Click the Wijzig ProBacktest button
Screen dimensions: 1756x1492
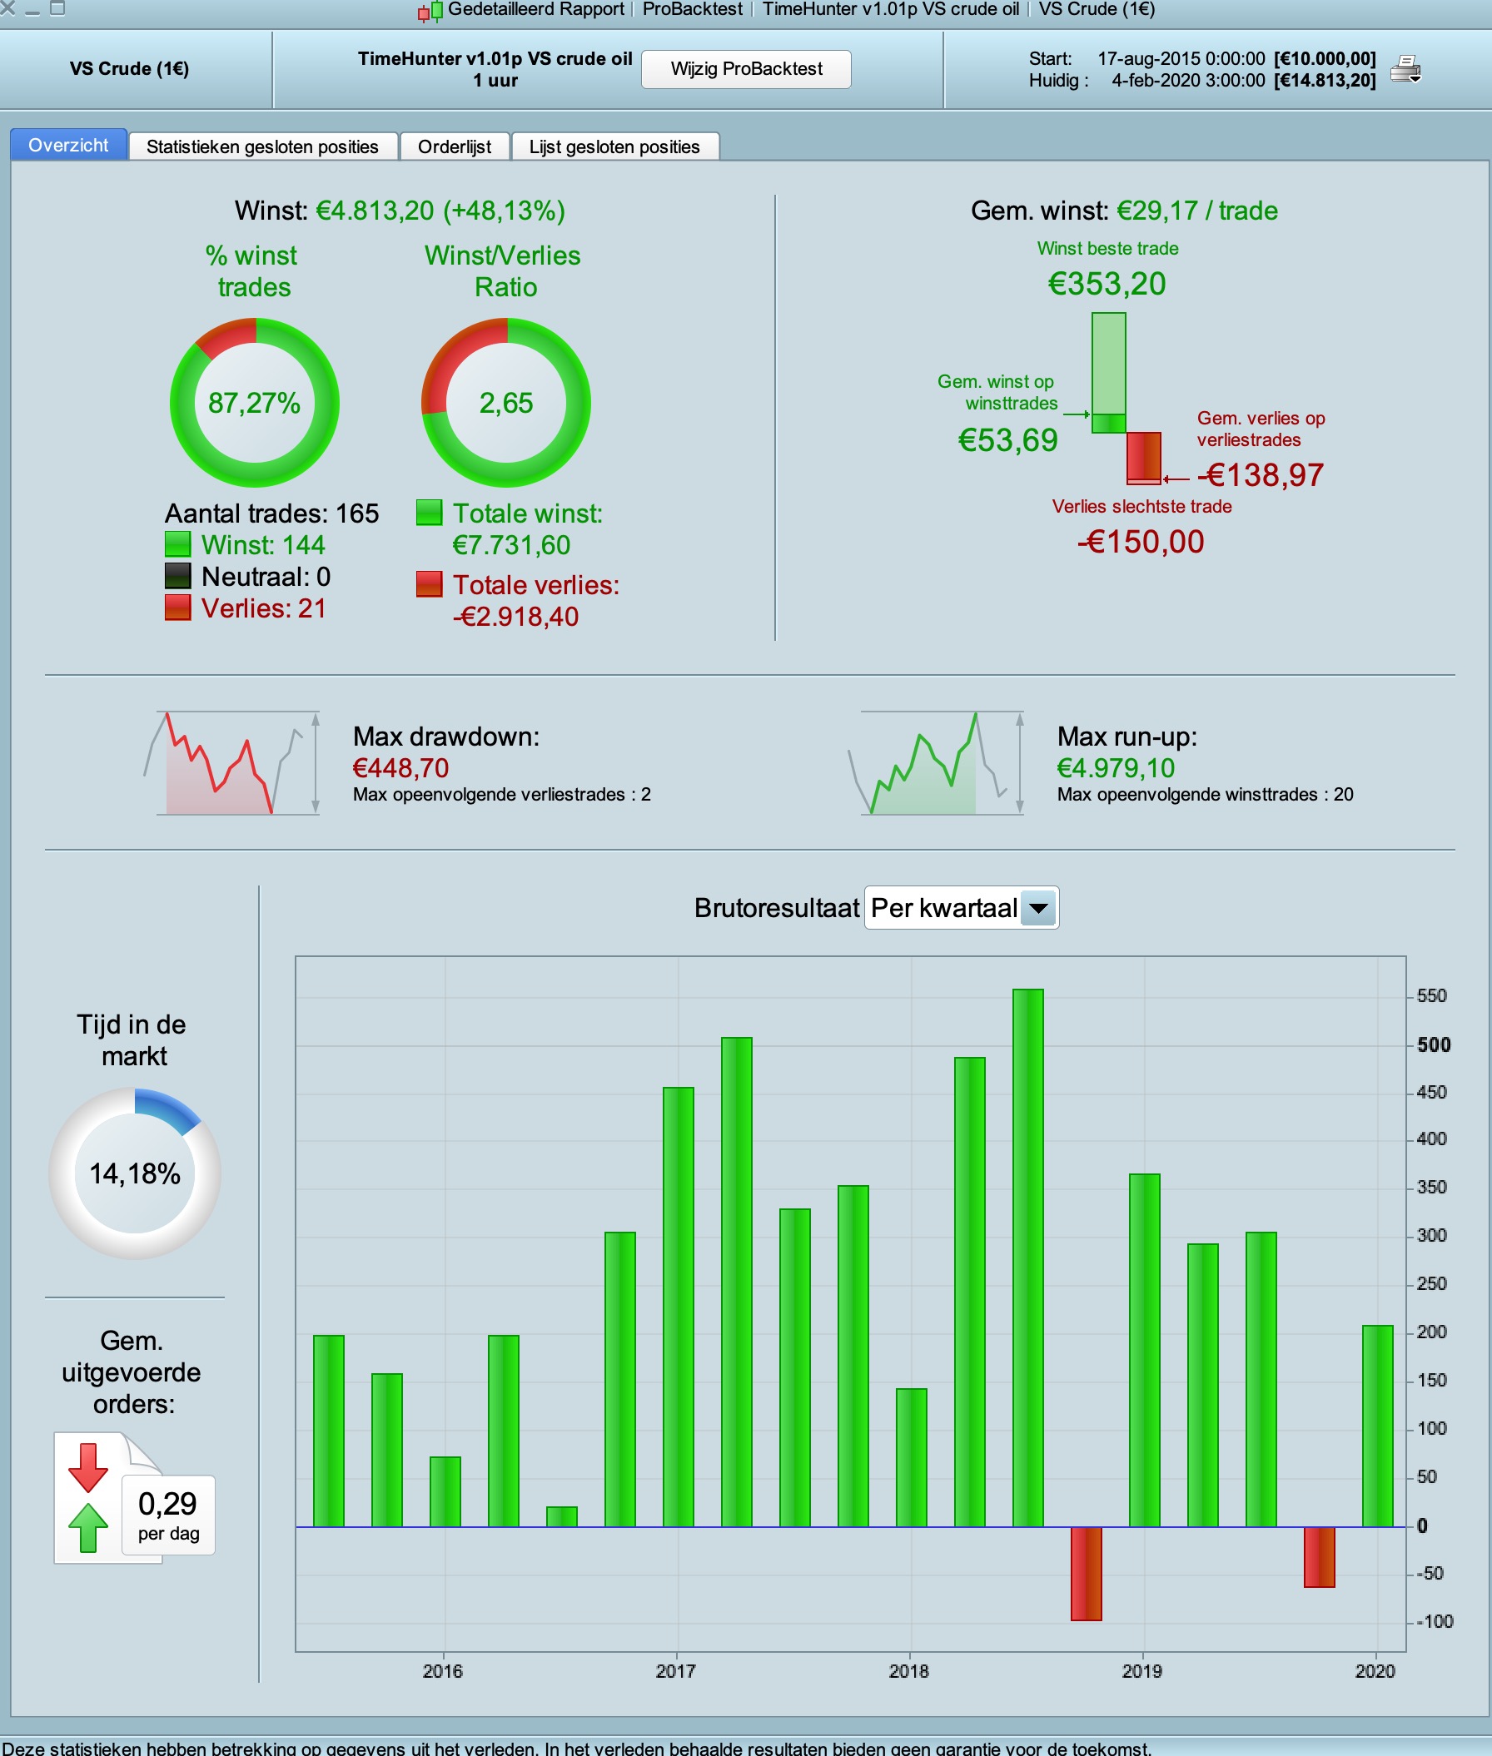[x=746, y=68]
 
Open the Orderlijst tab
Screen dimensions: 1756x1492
[x=455, y=146]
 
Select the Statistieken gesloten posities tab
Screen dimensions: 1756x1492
[x=262, y=146]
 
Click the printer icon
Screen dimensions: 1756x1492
[x=1405, y=68]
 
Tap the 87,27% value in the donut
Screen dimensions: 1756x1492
[x=255, y=404]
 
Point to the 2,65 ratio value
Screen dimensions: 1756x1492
[x=505, y=404]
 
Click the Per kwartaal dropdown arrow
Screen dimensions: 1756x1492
[x=1038, y=909]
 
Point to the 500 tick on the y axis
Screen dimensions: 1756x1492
[x=1434, y=1045]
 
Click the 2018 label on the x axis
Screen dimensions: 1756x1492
[x=909, y=1670]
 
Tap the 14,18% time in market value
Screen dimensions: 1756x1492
[x=136, y=1173]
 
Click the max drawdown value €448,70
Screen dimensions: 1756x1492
[x=401, y=767]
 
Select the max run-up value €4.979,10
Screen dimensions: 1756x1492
[x=1116, y=767]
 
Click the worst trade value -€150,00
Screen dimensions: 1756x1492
[x=1141, y=542]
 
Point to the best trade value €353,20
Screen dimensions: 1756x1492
[x=1107, y=284]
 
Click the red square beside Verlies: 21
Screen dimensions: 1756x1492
[x=177, y=608]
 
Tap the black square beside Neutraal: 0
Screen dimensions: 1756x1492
[x=177, y=576]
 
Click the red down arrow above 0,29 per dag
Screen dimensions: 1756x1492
[x=88, y=1467]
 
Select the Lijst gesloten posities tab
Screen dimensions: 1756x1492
[x=614, y=146]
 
